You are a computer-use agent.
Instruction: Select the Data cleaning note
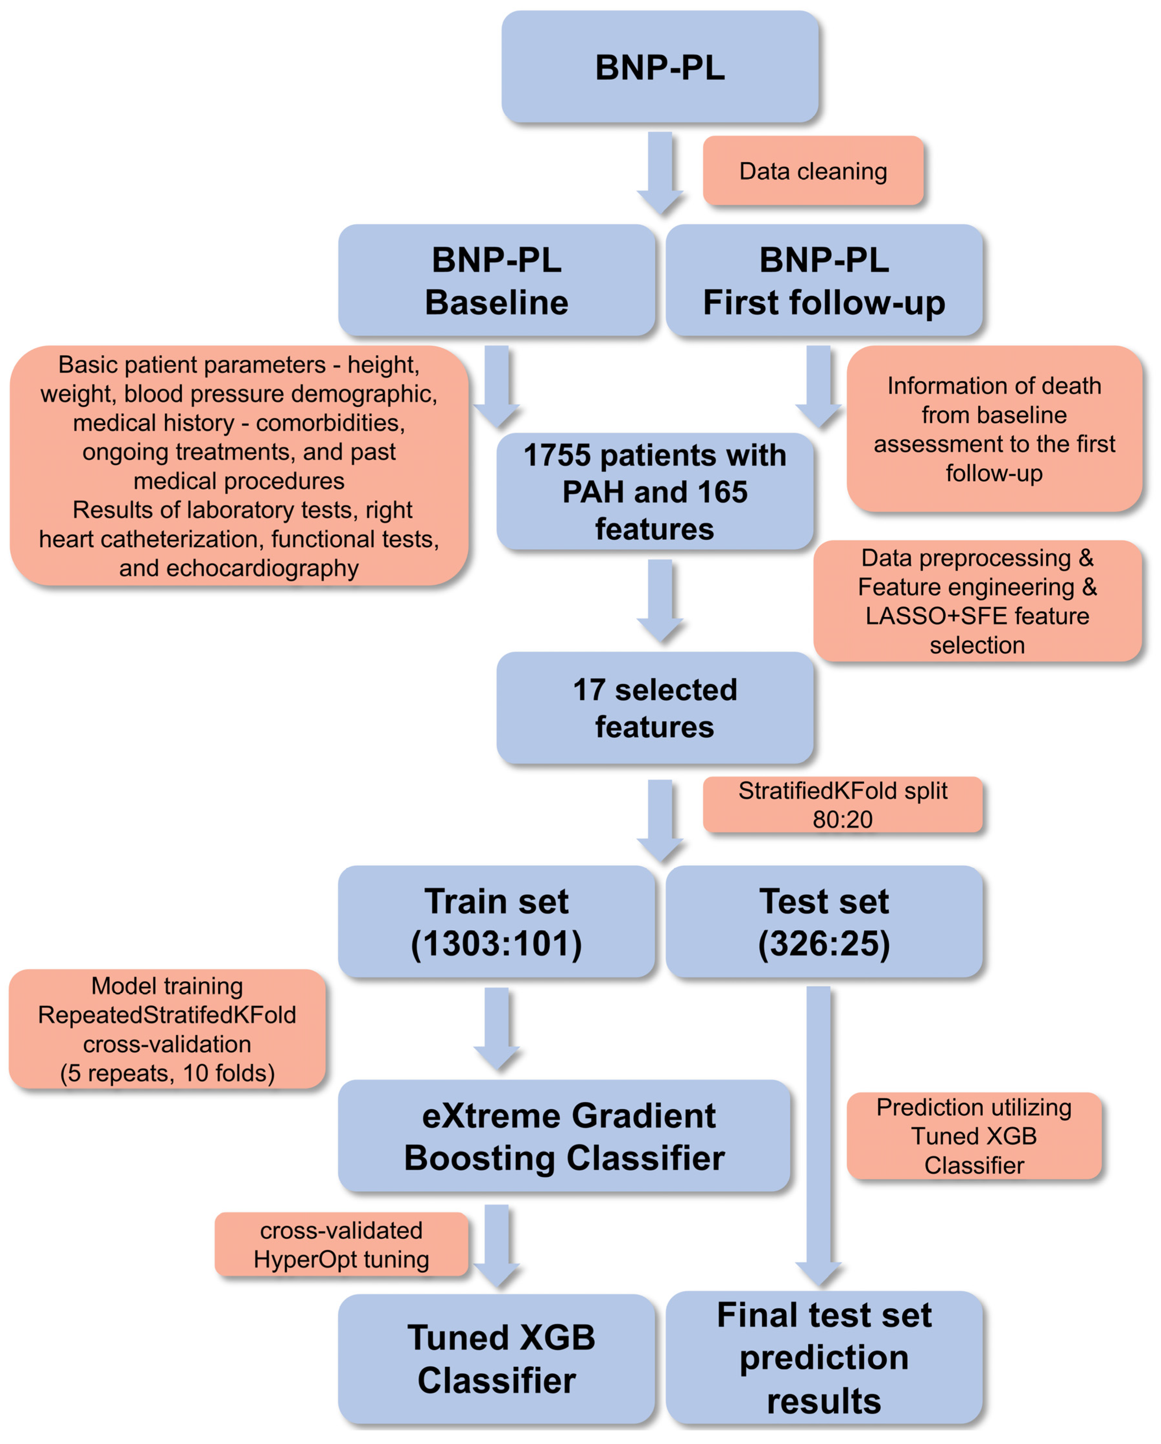813,171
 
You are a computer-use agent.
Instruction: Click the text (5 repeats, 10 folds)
167,1073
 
